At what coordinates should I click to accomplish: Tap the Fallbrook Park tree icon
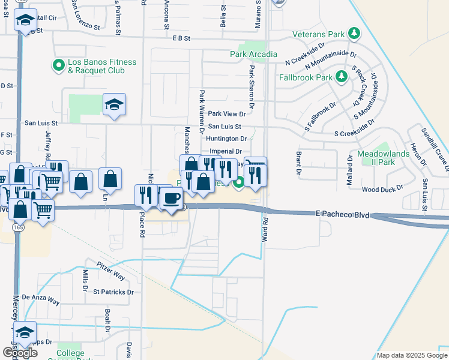pos(342,76)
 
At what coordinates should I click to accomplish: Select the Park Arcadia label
pos(253,54)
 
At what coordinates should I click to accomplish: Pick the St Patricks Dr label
pos(113,292)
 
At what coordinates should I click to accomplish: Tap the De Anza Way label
pos(41,298)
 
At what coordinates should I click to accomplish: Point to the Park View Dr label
pos(227,113)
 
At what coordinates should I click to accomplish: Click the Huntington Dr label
pos(226,139)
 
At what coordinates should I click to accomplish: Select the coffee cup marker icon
pos(171,198)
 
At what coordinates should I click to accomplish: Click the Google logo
pos(20,353)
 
